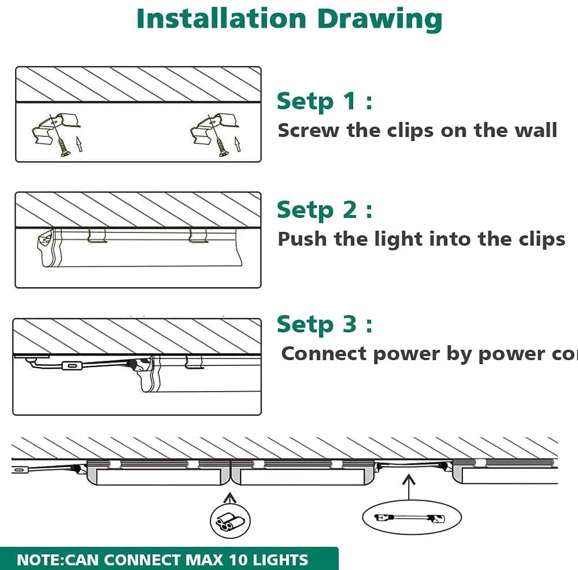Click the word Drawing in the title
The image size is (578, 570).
(379, 20)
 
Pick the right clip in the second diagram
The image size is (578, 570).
(198, 235)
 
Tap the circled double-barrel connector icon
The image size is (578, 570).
(226, 520)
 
